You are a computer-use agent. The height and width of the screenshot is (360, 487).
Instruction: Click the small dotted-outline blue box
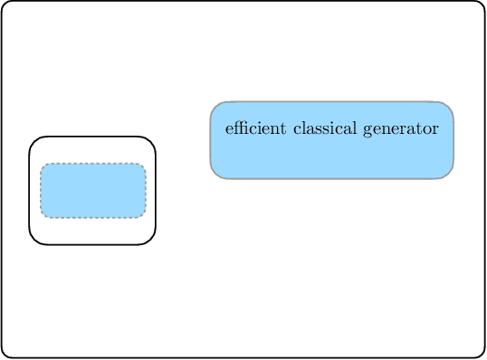[93, 191]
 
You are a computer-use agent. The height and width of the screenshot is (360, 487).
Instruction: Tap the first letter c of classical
[296, 128]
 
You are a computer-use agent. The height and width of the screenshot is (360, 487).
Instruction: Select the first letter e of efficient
[228, 128]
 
